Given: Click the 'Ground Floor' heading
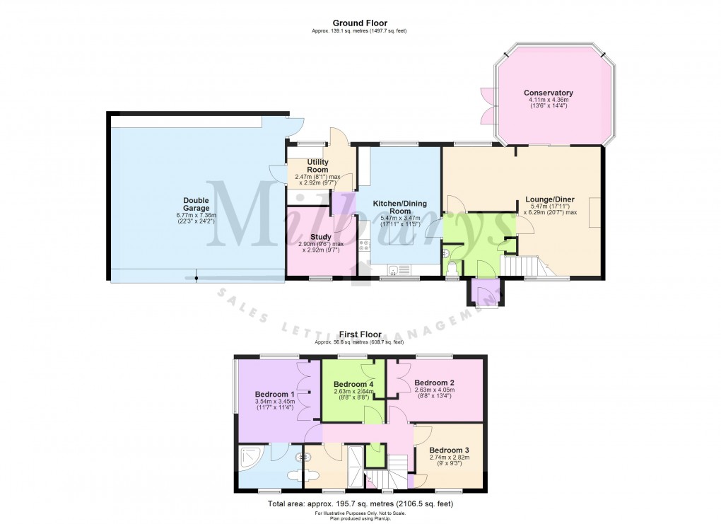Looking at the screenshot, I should pyautogui.click(x=360, y=23).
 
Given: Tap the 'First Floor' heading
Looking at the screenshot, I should pyautogui.click(x=360, y=334).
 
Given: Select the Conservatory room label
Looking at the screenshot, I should pyautogui.click(x=548, y=93).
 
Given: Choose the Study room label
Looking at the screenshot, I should pyautogui.click(x=321, y=237).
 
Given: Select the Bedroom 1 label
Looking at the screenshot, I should pyautogui.click(x=274, y=394).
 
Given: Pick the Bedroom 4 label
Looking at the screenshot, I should pyautogui.click(x=353, y=385).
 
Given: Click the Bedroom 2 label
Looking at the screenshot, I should pyautogui.click(x=434, y=382).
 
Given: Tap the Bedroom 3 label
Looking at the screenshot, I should pyautogui.click(x=449, y=450).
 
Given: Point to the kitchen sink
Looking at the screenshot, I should pyautogui.click(x=400, y=269).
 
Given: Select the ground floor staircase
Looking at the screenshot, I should pyautogui.click(x=527, y=267).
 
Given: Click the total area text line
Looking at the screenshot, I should pyautogui.click(x=360, y=504).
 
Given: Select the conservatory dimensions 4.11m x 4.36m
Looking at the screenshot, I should pyautogui.click(x=548, y=100).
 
